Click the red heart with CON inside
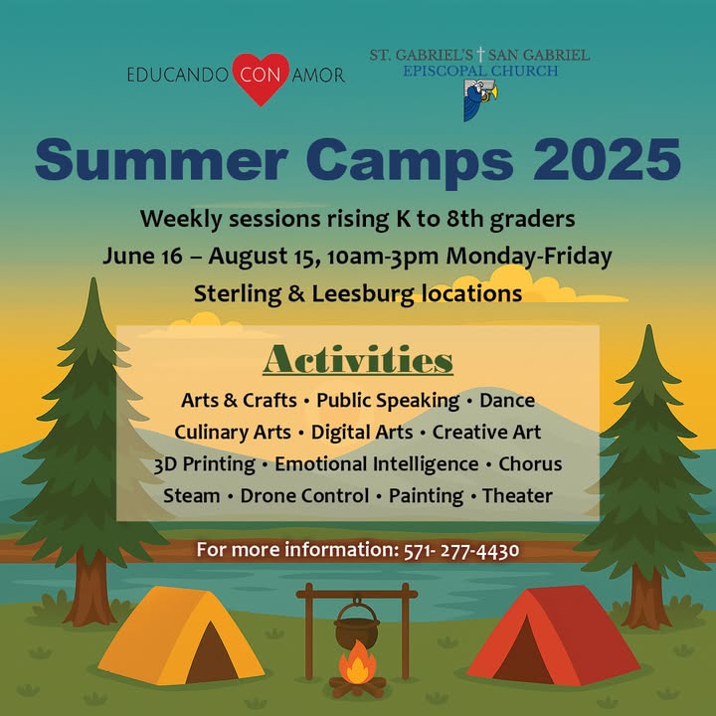coord(261,79)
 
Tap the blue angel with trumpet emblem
coord(480,100)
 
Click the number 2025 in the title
coord(607,160)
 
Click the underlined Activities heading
coord(358,360)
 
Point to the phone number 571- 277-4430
coord(461,550)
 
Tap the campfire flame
coord(358,661)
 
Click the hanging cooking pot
coord(357,625)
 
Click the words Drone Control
coord(304,496)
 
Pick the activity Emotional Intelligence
coord(376,464)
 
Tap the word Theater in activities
coord(517,496)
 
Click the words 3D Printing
coord(204,464)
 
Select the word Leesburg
coord(363,294)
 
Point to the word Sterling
coord(238,294)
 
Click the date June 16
coord(142,256)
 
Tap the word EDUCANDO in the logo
coord(178,75)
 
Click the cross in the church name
coord(480,54)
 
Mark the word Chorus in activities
coord(530,464)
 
